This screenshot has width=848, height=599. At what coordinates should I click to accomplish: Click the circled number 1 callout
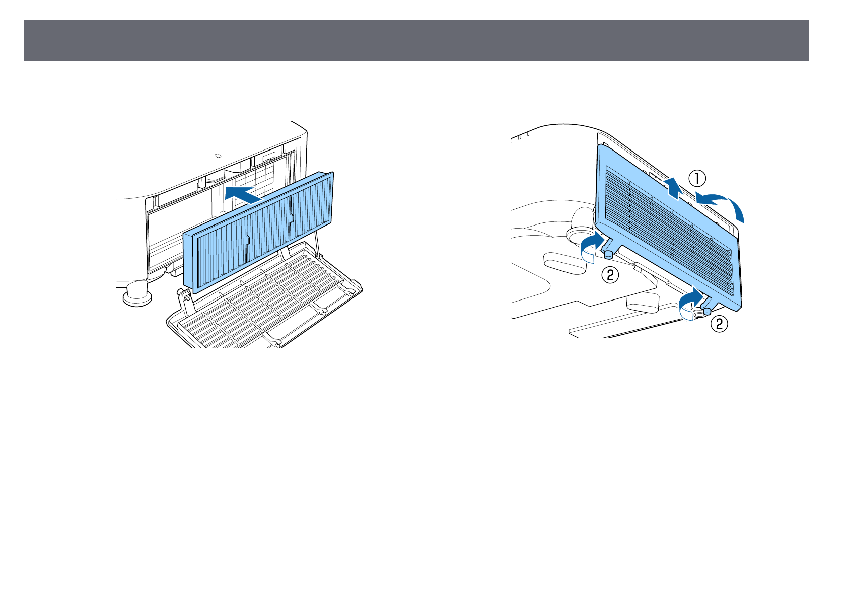click(697, 178)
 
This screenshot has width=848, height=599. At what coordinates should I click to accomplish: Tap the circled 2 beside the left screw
click(610, 274)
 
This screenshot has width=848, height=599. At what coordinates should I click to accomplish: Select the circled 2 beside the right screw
click(719, 324)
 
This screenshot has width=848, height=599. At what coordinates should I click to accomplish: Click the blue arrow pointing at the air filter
click(244, 194)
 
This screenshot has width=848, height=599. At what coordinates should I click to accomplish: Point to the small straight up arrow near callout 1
click(672, 188)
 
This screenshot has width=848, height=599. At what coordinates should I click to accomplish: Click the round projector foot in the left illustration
click(136, 293)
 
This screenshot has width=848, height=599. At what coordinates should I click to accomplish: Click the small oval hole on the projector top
click(218, 156)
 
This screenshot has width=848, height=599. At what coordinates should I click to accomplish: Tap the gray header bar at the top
click(416, 40)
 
